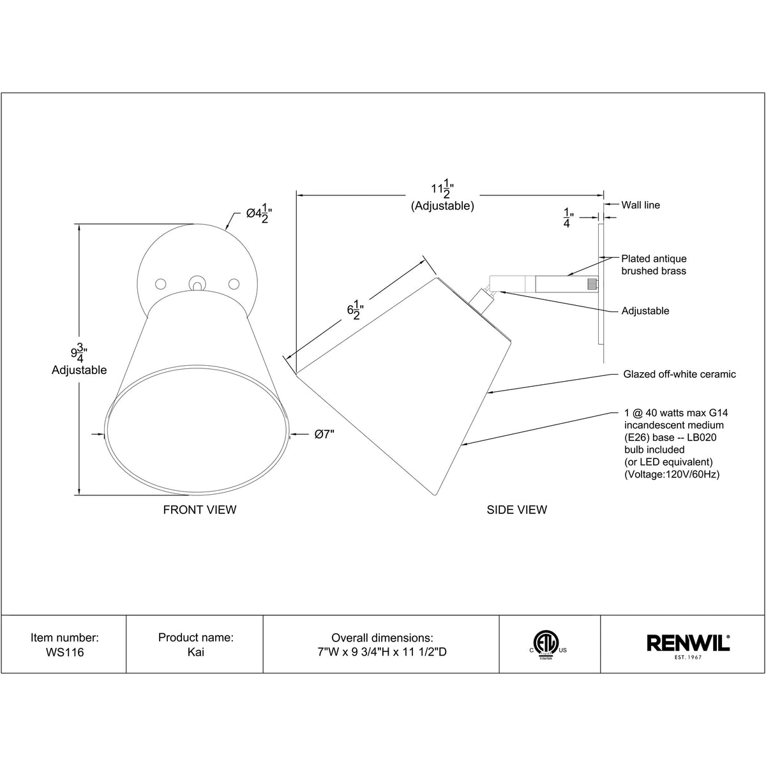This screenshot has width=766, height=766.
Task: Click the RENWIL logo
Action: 689,643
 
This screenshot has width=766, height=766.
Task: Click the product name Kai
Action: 195,653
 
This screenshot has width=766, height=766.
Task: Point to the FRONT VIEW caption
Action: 200,509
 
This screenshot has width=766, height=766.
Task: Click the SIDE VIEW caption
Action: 516,509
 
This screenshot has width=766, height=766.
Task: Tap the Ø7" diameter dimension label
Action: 324,435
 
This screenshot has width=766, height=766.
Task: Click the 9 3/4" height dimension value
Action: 79,352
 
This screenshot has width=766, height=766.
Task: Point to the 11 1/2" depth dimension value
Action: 441,190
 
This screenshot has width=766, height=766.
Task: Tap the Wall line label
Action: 641,205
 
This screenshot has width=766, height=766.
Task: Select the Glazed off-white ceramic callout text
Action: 679,374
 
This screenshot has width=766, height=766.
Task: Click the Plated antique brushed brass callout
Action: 654,265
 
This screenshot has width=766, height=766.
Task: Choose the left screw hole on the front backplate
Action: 161,282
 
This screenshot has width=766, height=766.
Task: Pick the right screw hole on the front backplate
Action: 234,282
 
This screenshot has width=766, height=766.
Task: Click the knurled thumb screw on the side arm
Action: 593,283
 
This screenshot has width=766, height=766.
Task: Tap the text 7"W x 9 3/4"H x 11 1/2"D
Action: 382,653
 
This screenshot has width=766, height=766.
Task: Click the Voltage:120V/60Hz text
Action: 671,474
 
